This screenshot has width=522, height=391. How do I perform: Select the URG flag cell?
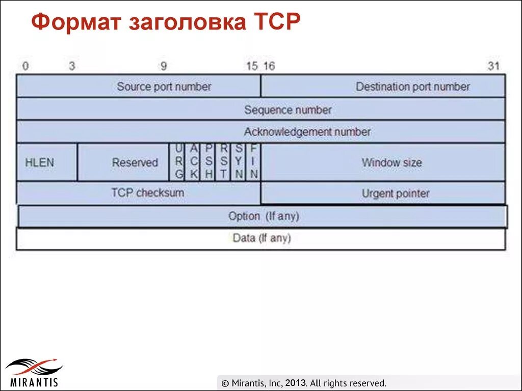178,162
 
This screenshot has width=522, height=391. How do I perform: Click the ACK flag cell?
193,162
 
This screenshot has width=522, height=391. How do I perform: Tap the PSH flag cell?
208,162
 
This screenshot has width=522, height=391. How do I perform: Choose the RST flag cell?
223,162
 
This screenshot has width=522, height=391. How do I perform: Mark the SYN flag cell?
239,162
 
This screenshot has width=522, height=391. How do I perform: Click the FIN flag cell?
254,162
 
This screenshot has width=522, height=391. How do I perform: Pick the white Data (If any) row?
261,238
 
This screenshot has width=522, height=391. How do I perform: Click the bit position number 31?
493,66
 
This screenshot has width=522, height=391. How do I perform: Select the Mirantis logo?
33,372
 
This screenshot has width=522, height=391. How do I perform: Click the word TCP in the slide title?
275,23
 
